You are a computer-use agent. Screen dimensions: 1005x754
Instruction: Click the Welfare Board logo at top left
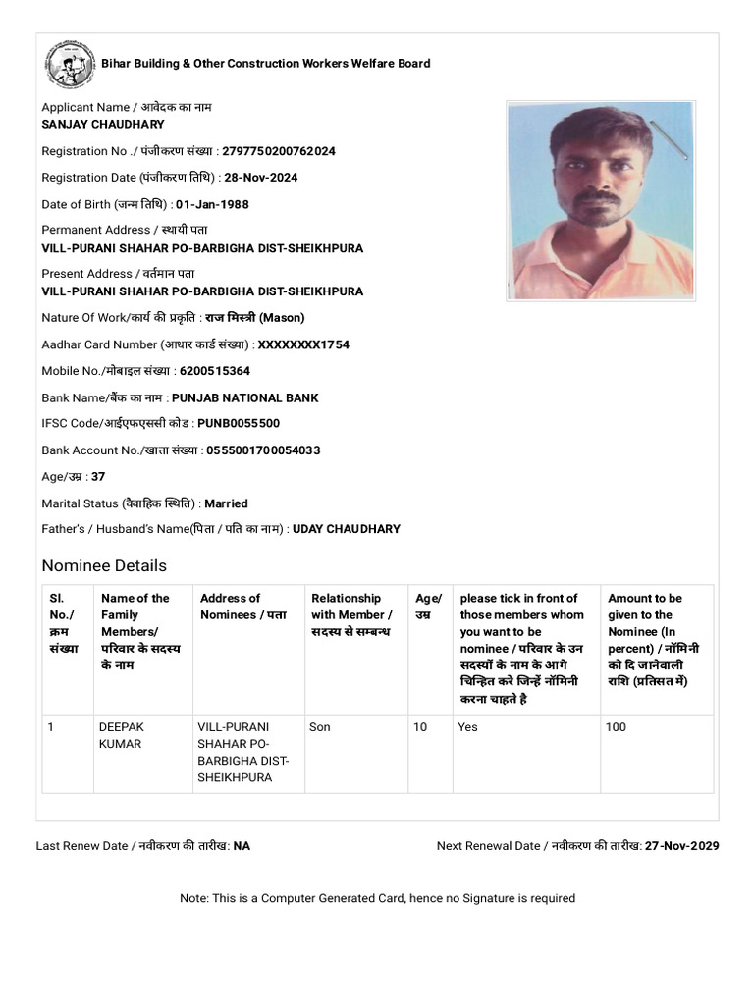click(70, 64)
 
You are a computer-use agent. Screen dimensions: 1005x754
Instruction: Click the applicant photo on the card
click(600, 199)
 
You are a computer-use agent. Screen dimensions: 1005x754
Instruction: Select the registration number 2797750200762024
click(279, 151)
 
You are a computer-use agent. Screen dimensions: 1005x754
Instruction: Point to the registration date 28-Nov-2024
click(260, 178)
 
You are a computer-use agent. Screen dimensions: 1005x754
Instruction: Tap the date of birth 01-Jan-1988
click(212, 204)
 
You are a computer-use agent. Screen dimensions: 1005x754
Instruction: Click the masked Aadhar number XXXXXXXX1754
click(303, 344)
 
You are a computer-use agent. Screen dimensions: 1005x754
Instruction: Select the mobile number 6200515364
click(215, 371)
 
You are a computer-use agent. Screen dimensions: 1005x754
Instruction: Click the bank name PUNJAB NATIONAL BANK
click(244, 397)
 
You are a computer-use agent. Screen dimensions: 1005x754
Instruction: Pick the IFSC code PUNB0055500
click(239, 424)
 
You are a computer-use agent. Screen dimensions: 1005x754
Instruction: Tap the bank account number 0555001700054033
click(263, 450)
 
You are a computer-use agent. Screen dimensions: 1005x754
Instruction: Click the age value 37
click(98, 477)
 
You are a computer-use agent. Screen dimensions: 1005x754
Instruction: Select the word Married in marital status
click(226, 503)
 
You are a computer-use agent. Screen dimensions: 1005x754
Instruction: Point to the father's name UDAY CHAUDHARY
click(347, 529)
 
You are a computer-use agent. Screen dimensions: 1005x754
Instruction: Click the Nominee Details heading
click(104, 565)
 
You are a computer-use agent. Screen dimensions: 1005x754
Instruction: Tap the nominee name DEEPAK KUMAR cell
click(122, 735)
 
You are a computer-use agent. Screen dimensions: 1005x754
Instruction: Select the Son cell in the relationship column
click(320, 727)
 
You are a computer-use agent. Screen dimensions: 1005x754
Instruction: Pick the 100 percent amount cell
click(617, 727)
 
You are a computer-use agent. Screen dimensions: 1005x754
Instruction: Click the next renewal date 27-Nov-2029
click(682, 845)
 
